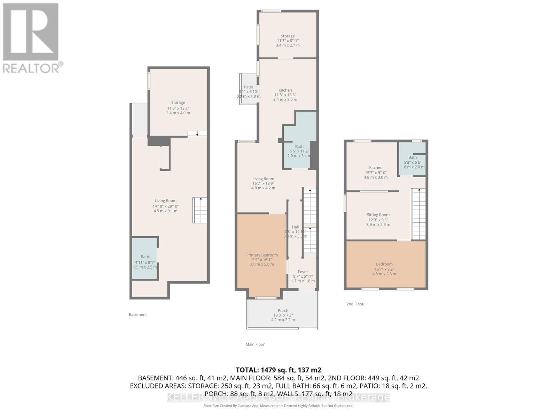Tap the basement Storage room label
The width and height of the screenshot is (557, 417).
click(x=178, y=103)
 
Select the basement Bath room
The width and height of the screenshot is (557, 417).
click(x=144, y=259)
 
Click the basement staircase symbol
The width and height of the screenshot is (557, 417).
click(x=200, y=210)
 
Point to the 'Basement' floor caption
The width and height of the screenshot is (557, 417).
click(x=138, y=314)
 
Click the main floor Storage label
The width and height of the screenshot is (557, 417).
click(x=288, y=36)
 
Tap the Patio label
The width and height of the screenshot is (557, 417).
click(x=249, y=87)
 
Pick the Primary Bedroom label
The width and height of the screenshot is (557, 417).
click(x=262, y=255)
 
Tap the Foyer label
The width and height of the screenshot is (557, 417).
click(x=303, y=272)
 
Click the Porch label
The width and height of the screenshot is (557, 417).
click(x=283, y=311)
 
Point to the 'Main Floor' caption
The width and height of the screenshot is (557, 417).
click(x=255, y=344)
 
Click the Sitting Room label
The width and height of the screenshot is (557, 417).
click(x=378, y=215)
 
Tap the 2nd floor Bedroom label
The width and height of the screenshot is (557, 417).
click(x=384, y=264)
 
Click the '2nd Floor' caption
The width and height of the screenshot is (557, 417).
click(x=355, y=304)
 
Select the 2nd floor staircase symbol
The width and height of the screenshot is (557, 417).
click(x=418, y=214)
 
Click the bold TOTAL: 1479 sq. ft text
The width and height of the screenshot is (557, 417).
click(x=278, y=370)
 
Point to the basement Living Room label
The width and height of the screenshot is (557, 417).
click(x=165, y=201)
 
